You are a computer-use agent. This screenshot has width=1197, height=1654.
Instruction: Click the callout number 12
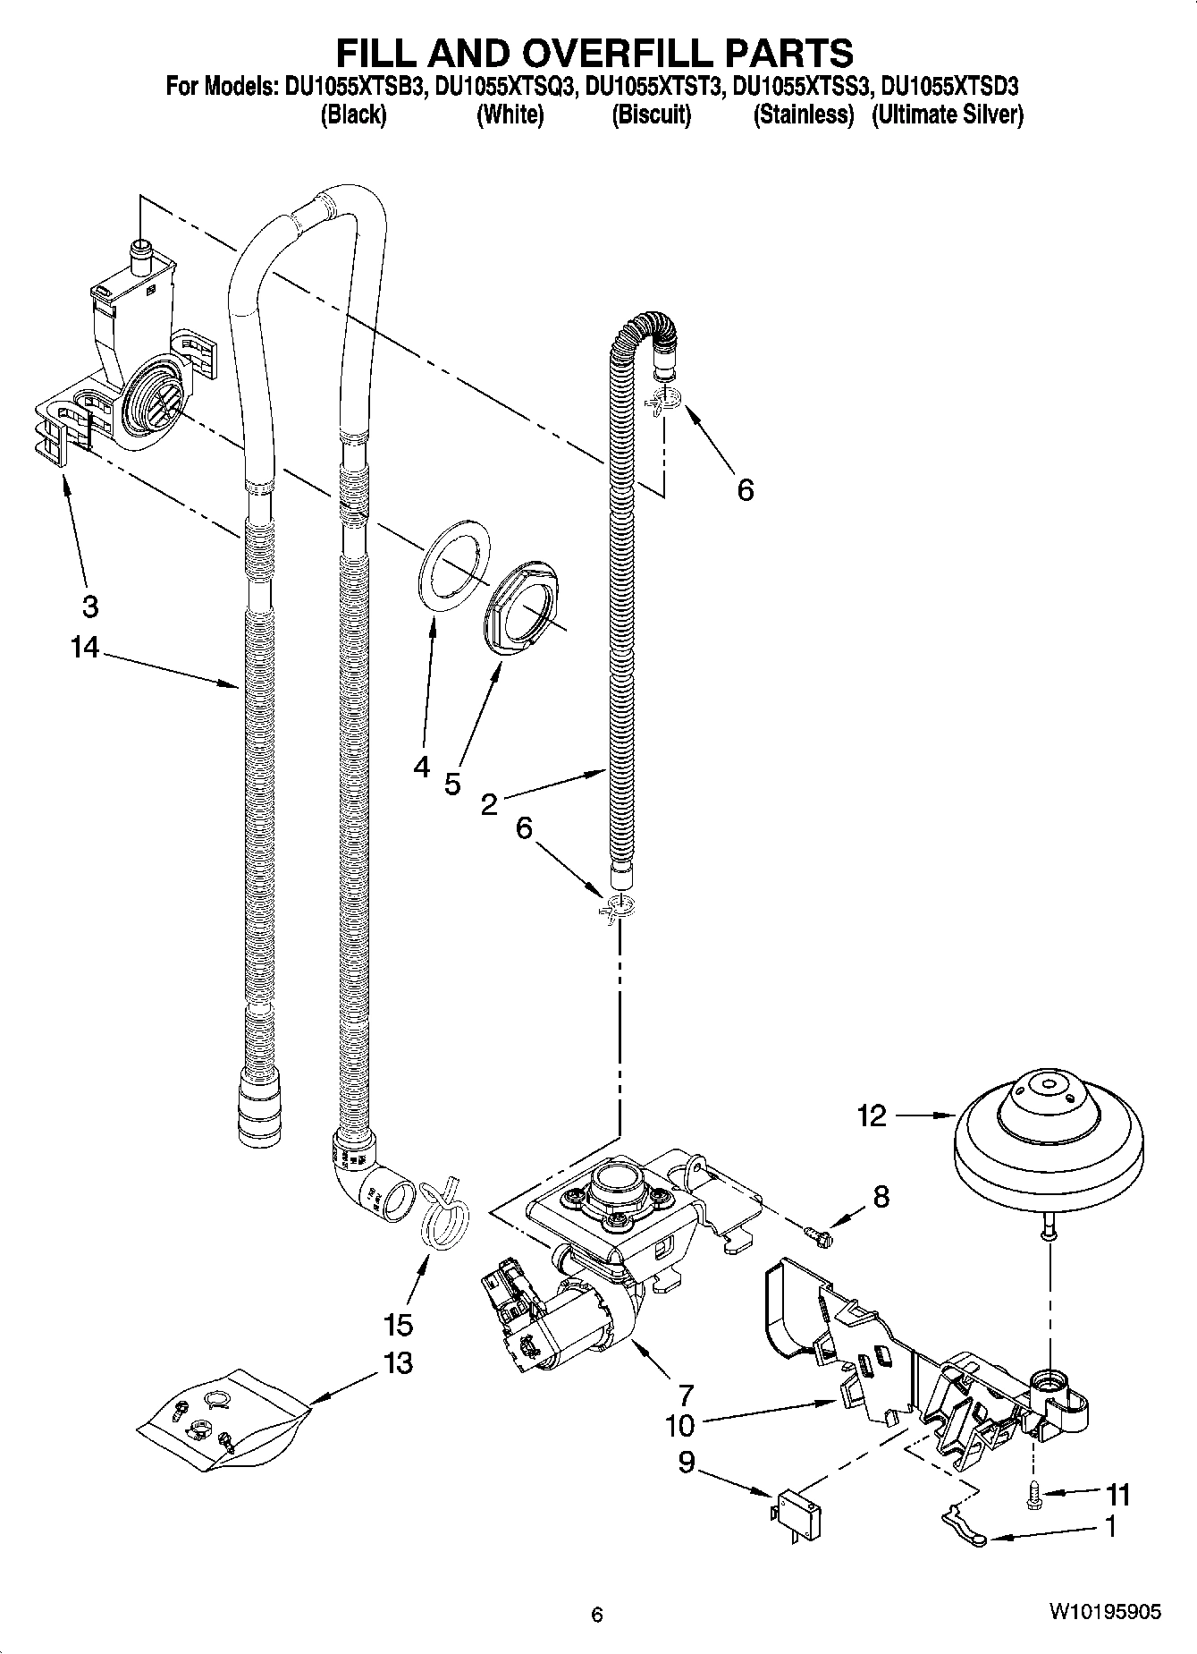871,1115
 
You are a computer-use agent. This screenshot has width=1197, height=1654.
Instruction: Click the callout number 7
685,1394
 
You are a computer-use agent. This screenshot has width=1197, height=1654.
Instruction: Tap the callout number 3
89,606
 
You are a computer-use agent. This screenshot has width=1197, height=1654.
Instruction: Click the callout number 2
488,804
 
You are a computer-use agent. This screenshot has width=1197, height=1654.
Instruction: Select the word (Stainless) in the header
803,115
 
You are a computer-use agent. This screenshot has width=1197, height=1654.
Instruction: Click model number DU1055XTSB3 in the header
355,88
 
